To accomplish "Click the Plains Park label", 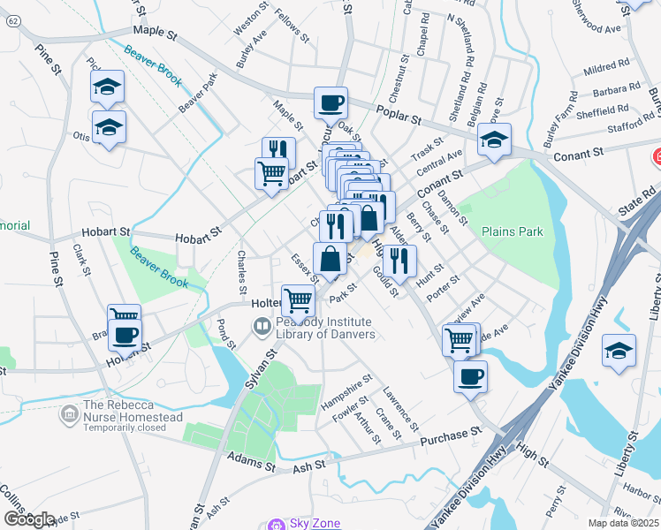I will click(x=513, y=231).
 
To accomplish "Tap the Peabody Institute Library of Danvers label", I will click(x=323, y=328).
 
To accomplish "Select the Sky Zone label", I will click(x=315, y=524).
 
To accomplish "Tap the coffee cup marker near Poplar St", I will click(x=330, y=102).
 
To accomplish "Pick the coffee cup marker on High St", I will click(x=470, y=375).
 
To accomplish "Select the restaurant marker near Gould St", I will click(x=400, y=260).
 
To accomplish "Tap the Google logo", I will click(x=28, y=519).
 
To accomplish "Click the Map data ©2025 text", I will click(x=624, y=523).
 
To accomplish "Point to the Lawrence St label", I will click(x=400, y=408).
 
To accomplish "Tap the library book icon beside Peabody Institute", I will click(x=262, y=328).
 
